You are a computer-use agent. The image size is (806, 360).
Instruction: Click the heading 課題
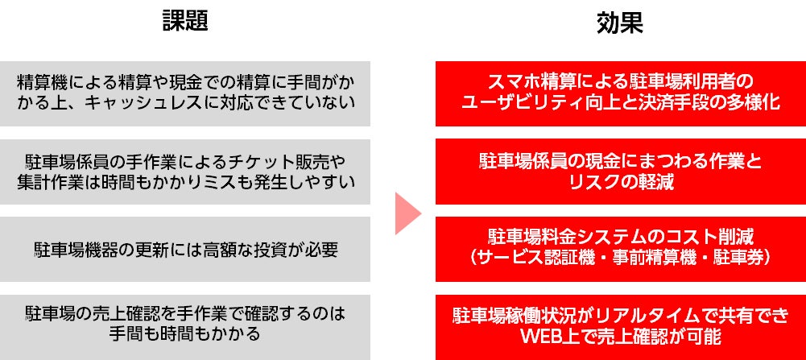coord(185,22)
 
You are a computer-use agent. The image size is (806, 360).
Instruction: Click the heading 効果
coord(619,22)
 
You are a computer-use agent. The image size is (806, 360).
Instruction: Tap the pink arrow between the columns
coord(408,212)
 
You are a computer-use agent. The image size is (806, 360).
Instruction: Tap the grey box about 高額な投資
coord(185,249)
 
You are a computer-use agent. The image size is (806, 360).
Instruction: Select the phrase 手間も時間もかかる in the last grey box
coord(185,331)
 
